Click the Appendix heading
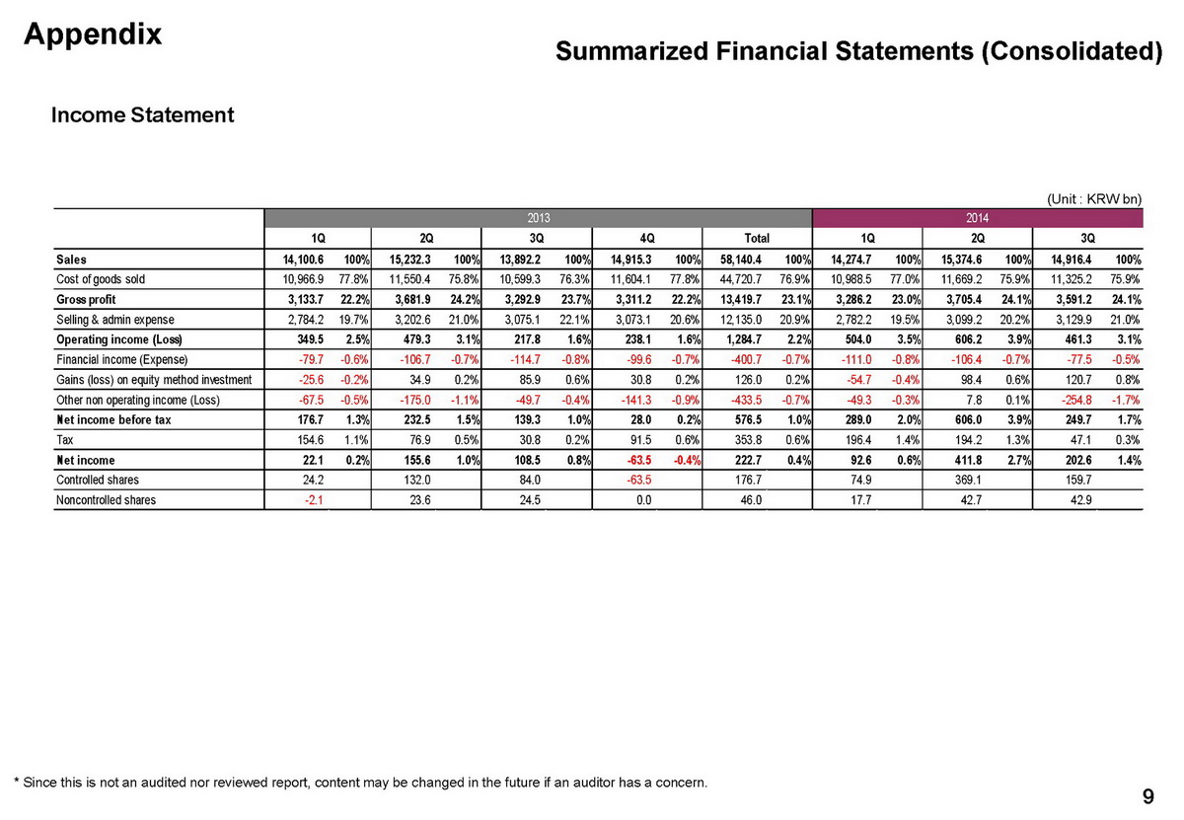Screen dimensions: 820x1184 93,34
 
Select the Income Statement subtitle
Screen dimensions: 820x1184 142,115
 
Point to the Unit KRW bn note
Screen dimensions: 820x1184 1093,199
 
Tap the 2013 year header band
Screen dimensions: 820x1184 538,217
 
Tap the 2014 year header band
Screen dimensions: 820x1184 978,217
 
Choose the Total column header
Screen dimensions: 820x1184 756,238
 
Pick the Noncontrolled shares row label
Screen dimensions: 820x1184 106,500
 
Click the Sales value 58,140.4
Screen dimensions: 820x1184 737,259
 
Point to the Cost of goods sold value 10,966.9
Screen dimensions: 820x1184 298,279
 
